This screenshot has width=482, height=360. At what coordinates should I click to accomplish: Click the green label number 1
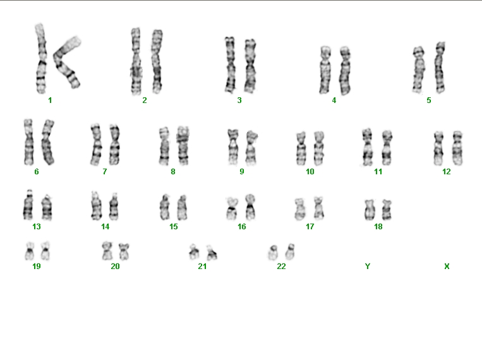point(50,100)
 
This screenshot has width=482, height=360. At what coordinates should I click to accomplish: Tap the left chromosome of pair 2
point(136,61)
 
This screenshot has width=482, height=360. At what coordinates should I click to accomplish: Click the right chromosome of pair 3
point(250,66)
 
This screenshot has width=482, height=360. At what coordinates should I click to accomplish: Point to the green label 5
point(429,100)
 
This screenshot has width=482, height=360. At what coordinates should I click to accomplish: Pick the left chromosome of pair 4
point(325,69)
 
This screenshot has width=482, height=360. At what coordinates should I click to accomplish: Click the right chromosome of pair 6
point(48,142)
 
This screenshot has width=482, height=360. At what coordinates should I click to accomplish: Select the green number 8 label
point(173,172)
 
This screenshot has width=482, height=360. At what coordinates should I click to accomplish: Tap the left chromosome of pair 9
point(233,147)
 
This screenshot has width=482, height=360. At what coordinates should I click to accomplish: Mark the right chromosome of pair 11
point(387,148)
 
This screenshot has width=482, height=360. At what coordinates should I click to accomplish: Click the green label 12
point(447,172)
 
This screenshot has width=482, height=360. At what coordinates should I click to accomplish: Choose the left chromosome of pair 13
point(28,205)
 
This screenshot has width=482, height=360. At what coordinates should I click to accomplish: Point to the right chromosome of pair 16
point(250,207)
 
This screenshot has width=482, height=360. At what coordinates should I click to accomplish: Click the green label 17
point(310,227)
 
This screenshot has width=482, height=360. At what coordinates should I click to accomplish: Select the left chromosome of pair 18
point(369,210)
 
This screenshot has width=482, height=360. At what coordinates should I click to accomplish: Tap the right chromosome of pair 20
point(124,251)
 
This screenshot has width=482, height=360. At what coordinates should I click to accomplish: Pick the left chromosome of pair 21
point(194,252)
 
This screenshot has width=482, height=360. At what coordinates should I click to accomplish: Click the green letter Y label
point(368,267)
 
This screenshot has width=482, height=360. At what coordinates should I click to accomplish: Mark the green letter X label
point(447,267)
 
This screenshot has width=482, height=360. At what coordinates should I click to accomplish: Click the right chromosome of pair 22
point(290,251)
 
